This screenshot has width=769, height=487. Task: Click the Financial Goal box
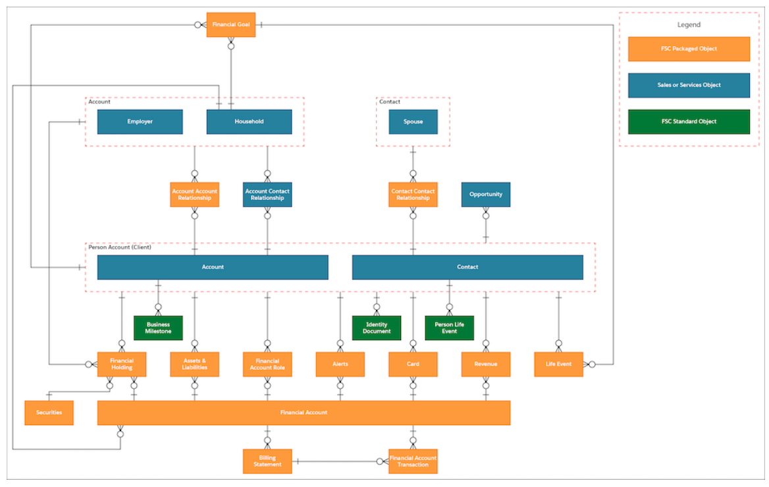230,25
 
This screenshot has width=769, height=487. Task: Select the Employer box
140,122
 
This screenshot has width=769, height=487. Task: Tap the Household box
249,122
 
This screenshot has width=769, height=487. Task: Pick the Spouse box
413,122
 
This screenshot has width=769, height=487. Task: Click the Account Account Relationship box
194,195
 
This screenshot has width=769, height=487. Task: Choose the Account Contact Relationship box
267,195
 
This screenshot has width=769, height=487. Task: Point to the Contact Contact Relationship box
413,195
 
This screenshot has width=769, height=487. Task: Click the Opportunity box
486,195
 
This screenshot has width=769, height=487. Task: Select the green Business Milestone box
158,328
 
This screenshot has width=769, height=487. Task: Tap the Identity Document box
377,328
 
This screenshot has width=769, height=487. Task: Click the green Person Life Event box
449,328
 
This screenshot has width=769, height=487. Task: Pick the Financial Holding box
122,364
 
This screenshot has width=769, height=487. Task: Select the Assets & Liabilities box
194,364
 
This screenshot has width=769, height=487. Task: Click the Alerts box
340,364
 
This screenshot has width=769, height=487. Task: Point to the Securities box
49,413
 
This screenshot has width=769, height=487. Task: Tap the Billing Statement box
267,461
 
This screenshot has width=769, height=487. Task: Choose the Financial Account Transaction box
413,461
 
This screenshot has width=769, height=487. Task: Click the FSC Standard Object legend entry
689,122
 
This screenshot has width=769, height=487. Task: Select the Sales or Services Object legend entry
689,85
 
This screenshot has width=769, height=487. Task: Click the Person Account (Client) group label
120,247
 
